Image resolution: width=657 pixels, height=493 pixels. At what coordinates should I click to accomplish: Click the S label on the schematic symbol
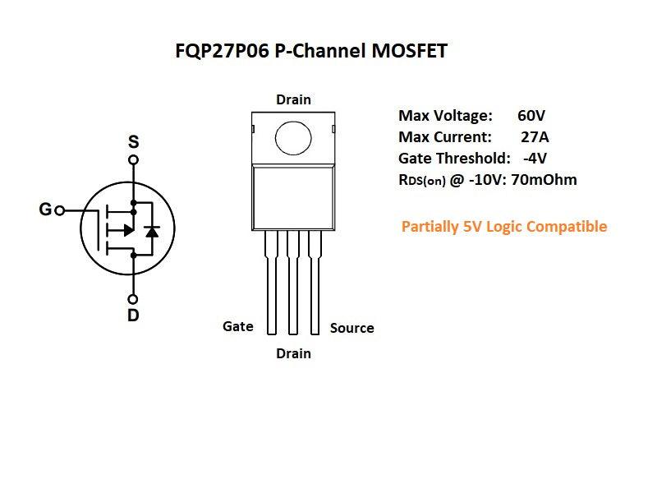133,142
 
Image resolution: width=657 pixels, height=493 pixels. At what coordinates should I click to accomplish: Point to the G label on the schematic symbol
45,210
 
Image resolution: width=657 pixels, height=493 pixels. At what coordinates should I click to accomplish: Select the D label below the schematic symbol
133,316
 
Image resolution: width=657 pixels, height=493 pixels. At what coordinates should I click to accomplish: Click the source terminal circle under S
133,159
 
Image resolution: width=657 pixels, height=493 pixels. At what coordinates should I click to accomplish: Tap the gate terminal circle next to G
60,210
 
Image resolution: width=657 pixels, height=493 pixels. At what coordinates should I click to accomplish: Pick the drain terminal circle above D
133,299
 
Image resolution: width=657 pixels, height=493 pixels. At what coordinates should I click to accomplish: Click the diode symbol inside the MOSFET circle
151,231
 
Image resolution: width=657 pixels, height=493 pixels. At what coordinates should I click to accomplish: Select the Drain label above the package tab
293,99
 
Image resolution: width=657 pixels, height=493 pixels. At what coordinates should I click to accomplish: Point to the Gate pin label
238,326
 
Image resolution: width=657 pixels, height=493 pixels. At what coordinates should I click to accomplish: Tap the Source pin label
351,328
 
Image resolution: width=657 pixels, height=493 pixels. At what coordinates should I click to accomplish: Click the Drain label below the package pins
293,353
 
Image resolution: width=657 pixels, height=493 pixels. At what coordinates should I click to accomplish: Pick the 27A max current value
535,136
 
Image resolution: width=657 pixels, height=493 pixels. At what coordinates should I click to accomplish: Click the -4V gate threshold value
535,158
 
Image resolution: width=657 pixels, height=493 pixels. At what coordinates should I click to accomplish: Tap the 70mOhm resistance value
545,179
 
